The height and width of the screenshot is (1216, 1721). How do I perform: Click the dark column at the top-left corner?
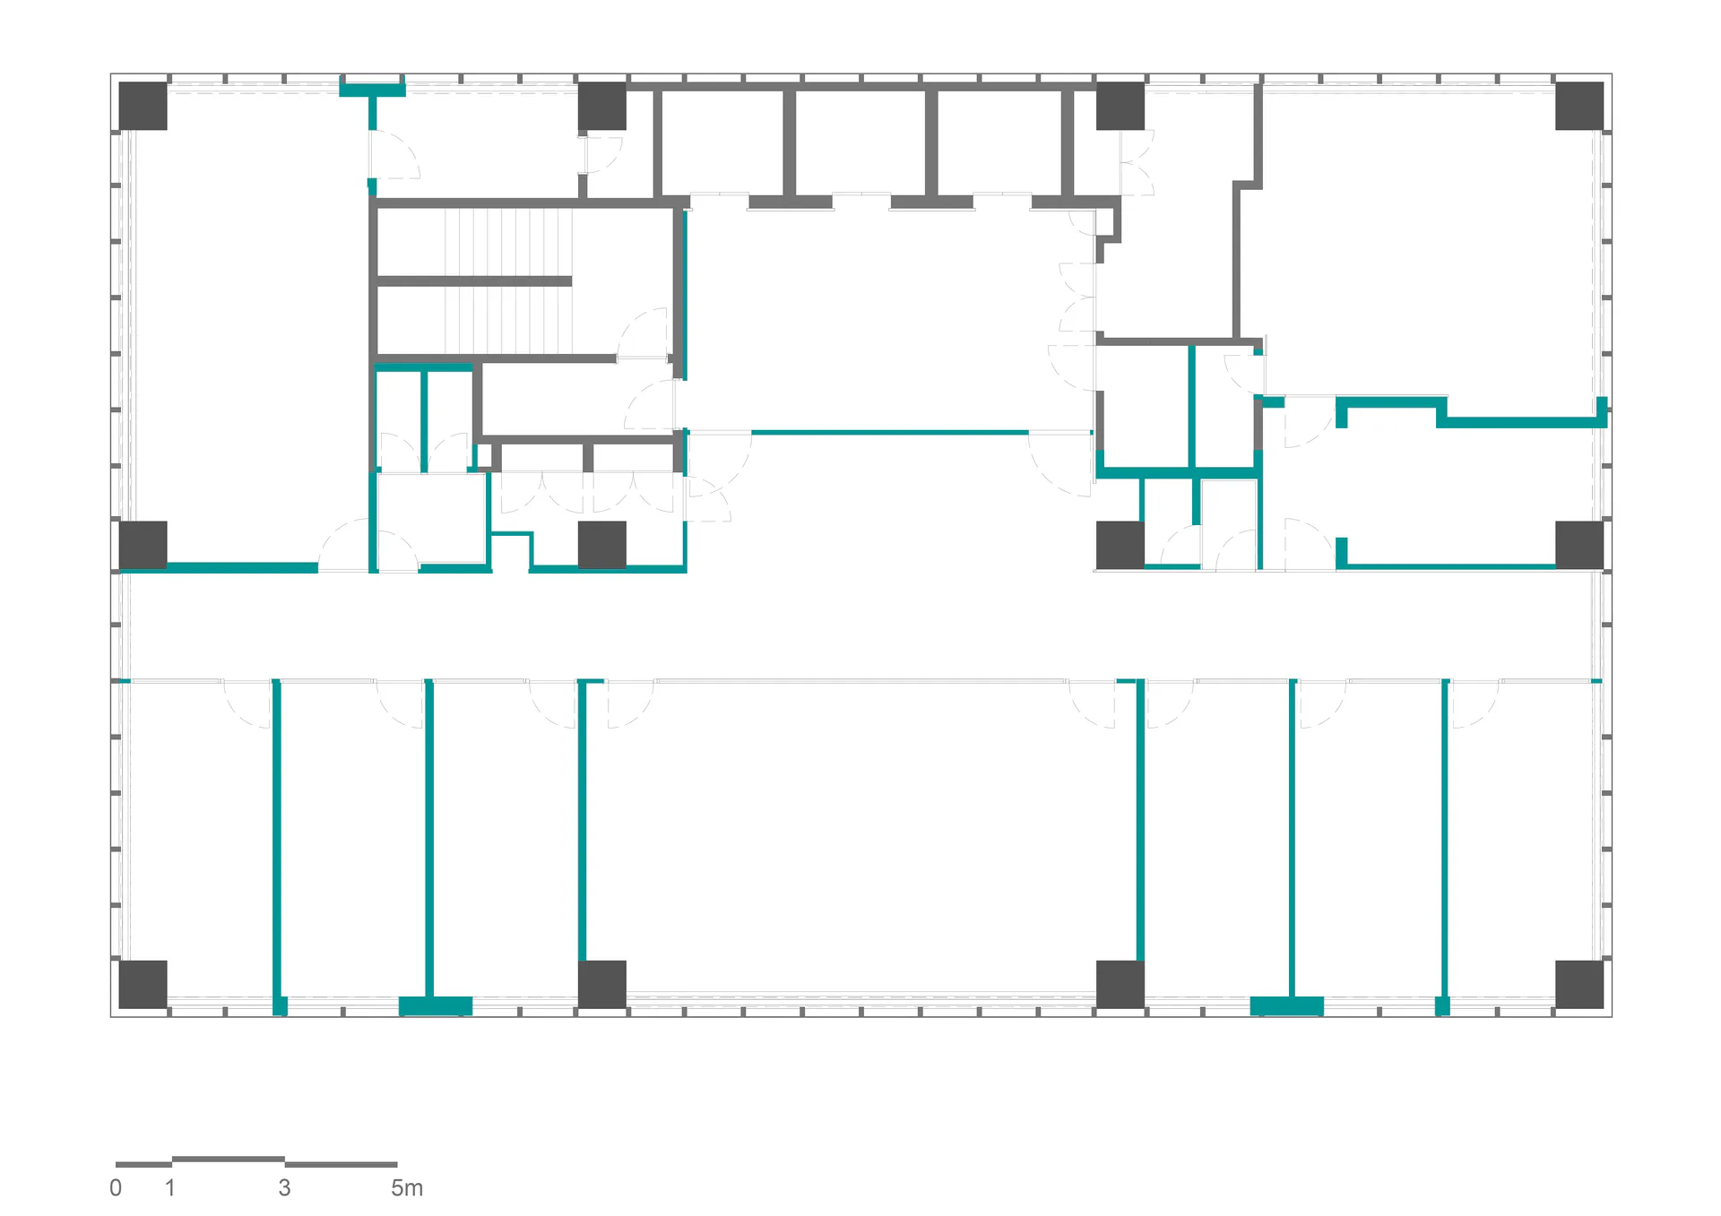[x=143, y=106]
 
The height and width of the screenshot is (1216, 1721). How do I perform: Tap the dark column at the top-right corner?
[x=1579, y=106]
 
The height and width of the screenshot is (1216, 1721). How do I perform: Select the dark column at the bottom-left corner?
[x=143, y=984]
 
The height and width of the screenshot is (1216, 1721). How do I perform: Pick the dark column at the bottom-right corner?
[x=1579, y=984]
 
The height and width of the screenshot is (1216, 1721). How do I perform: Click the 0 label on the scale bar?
[x=116, y=1188]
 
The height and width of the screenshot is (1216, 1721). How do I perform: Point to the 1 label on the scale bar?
[x=170, y=1188]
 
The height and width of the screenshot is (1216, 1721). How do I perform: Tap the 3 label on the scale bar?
[x=284, y=1188]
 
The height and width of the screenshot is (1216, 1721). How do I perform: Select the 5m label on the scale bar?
[x=407, y=1188]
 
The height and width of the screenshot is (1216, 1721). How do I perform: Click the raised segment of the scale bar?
[x=228, y=1160]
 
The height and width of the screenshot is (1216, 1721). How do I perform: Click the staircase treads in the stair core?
[x=508, y=281]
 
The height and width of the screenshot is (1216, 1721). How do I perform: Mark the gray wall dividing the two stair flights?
[x=474, y=281]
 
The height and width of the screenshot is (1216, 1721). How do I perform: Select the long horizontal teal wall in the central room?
[x=889, y=433]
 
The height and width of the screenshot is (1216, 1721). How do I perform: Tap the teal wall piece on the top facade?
[x=372, y=90]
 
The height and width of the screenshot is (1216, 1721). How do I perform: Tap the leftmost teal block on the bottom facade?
[x=280, y=1005]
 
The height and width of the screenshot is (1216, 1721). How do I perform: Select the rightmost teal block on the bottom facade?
[x=1442, y=1005]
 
